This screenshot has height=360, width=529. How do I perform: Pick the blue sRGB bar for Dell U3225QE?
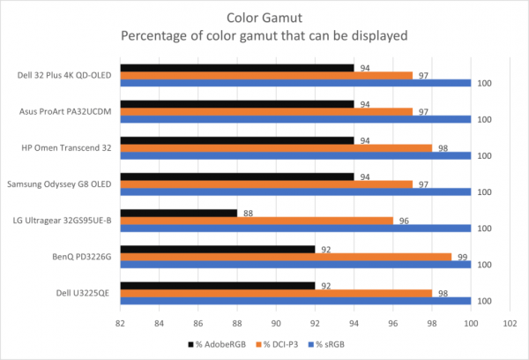295,301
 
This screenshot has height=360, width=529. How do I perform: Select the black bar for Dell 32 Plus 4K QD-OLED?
236,67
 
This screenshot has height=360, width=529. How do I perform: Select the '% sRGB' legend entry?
346,345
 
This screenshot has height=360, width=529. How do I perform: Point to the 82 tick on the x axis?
121,323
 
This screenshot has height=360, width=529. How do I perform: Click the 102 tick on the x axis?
509,323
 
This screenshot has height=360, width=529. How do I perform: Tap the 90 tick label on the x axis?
276,323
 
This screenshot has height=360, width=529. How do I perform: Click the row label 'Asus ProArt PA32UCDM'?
63,111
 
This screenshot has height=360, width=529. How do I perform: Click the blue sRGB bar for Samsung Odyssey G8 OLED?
295,191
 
